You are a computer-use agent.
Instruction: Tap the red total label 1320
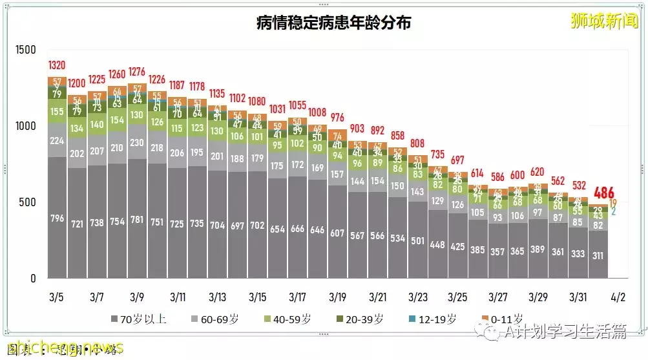[x=57, y=65]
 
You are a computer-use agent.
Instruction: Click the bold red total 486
[x=604, y=192]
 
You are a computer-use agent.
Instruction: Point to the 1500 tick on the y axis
[x=27, y=50]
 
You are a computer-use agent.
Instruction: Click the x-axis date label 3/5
[x=57, y=297]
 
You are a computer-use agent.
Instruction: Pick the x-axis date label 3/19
[x=337, y=297]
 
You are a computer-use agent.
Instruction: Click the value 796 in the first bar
[x=57, y=218]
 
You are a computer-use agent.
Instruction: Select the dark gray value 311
[x=597, y=255]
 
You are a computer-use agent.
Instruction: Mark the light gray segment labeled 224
[x=57, y=142]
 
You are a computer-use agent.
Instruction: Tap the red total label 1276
[x=137, y=72]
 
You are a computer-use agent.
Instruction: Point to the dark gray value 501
[x=417, y=241]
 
